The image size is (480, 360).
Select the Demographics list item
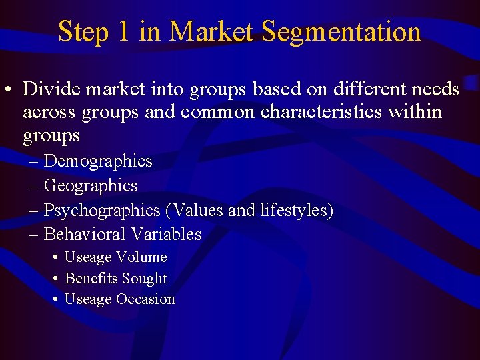98,161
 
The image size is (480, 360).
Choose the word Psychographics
102,211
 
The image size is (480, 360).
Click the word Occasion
145,299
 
